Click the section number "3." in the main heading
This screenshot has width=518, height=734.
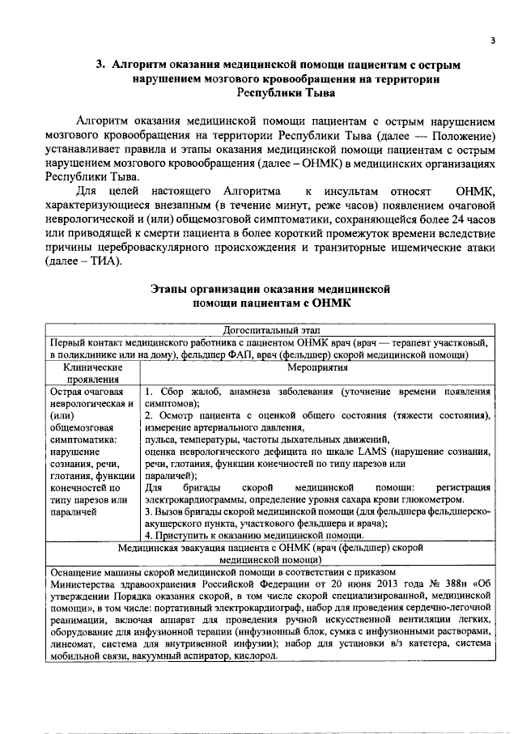101,64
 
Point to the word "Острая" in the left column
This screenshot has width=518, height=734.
67,392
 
